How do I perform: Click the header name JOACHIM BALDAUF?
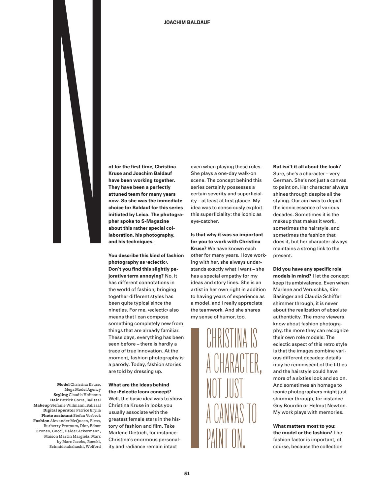(187, 22)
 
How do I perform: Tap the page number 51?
(187, 473)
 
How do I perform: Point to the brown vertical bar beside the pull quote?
(195, 388)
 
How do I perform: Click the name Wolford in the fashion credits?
(93, 446)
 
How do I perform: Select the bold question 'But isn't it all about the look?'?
(307, 167)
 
